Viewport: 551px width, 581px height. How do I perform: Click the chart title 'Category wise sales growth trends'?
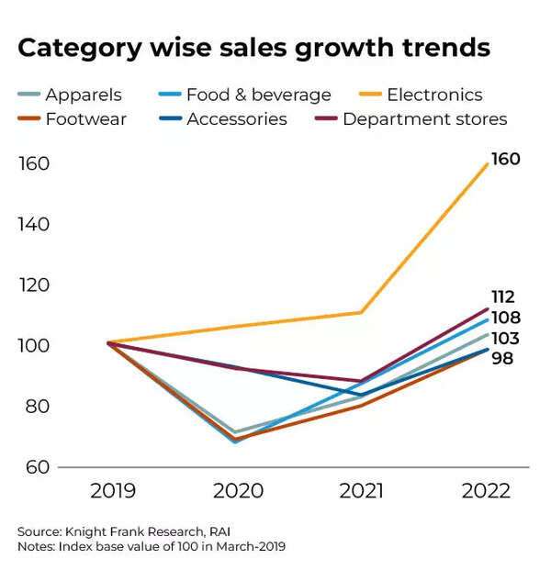tap(253, 49)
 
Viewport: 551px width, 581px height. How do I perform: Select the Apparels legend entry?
tap(83, 95)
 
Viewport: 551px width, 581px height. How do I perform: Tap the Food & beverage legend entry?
tap(258, 95)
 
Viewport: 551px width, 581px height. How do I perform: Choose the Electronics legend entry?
tap(433, 95)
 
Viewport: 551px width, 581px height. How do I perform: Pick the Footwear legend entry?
tap(85, 119)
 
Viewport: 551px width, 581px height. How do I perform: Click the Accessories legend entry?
tap(236, 119)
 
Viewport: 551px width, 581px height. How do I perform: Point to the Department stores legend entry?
tap(424, 119)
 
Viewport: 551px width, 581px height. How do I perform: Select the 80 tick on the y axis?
tap(35, 407)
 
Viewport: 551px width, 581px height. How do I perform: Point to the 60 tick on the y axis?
tap(35, 467)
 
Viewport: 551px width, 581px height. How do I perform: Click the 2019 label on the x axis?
tap(113, 490)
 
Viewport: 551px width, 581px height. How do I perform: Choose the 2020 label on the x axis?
tap(237, 490)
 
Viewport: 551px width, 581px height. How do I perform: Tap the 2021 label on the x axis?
tap(361, 490)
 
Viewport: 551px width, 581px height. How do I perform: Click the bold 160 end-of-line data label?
tap(505, 160)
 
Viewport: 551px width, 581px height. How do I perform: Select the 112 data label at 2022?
tap(503, 297)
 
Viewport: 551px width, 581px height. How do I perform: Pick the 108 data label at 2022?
tap(505, 318)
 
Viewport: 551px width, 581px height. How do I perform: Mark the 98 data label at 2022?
tap(502, 358)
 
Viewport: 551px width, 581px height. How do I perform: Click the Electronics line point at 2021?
tap(361, 312)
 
